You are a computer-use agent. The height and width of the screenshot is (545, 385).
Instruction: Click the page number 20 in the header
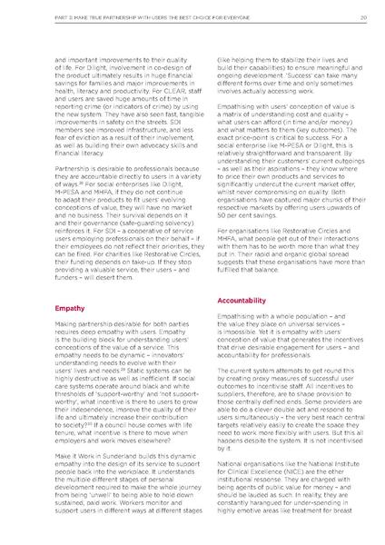coord(362,15)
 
